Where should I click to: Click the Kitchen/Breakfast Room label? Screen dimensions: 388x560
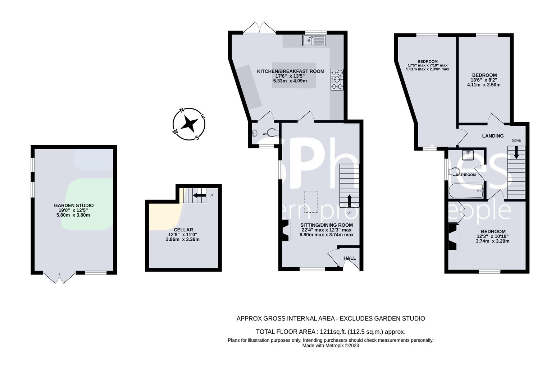[x=290, y=71]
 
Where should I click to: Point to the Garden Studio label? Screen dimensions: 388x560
[x=74, y=205]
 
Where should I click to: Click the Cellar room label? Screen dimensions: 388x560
[x=183, y=230]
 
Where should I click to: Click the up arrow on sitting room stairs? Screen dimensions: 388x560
[x=349, y=200]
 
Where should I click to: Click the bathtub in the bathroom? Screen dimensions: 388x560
[x=466, y=190]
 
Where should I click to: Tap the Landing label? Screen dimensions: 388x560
[x=493, y=136]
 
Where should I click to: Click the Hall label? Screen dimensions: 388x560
[x=350, y=258]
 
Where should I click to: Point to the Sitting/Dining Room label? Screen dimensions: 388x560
[x=327, y=225]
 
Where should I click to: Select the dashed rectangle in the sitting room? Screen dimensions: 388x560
[x=311, y=202]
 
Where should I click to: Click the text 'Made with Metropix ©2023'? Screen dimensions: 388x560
[x=330, y=346]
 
